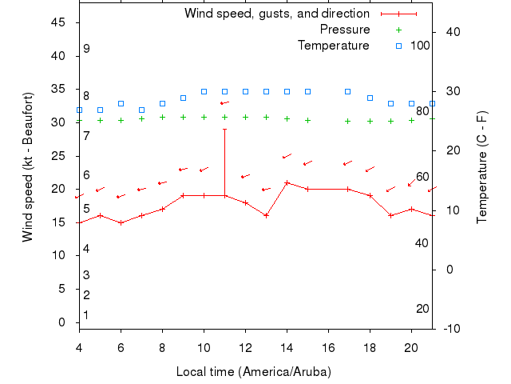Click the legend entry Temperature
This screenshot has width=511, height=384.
click(333, 46)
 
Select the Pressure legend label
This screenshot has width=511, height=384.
click(344, 30)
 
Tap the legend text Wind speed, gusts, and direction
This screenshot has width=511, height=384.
click(276, 14)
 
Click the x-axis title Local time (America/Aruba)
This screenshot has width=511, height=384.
click(253, 372)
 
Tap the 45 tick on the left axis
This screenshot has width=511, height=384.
click(58, 22)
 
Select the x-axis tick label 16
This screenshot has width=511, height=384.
click(328, 346)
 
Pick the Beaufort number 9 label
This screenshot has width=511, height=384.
click(86, 49)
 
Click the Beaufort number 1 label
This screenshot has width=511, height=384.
click(86, 315)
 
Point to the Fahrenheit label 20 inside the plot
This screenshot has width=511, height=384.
click(422, 309)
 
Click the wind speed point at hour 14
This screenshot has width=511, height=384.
click(287, 182)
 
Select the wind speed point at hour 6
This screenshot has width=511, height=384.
click(121, 222)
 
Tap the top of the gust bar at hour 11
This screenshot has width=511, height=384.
click(224, 129)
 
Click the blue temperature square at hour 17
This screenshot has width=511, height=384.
click(348, 91)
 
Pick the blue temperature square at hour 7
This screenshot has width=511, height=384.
click(141, 110)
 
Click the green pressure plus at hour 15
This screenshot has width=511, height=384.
click(307, 120)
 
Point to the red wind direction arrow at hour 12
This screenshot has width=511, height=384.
click(245, 176)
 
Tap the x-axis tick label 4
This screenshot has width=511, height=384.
click(79, 346)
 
